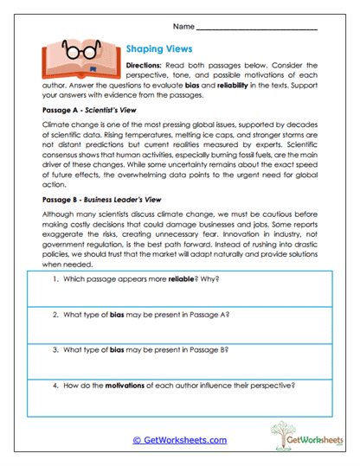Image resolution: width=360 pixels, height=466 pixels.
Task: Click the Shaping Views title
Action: coord(159,49)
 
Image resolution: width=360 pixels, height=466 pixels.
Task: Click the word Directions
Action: coord(149,65)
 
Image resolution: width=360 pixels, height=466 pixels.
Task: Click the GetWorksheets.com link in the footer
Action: coord(180,440)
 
